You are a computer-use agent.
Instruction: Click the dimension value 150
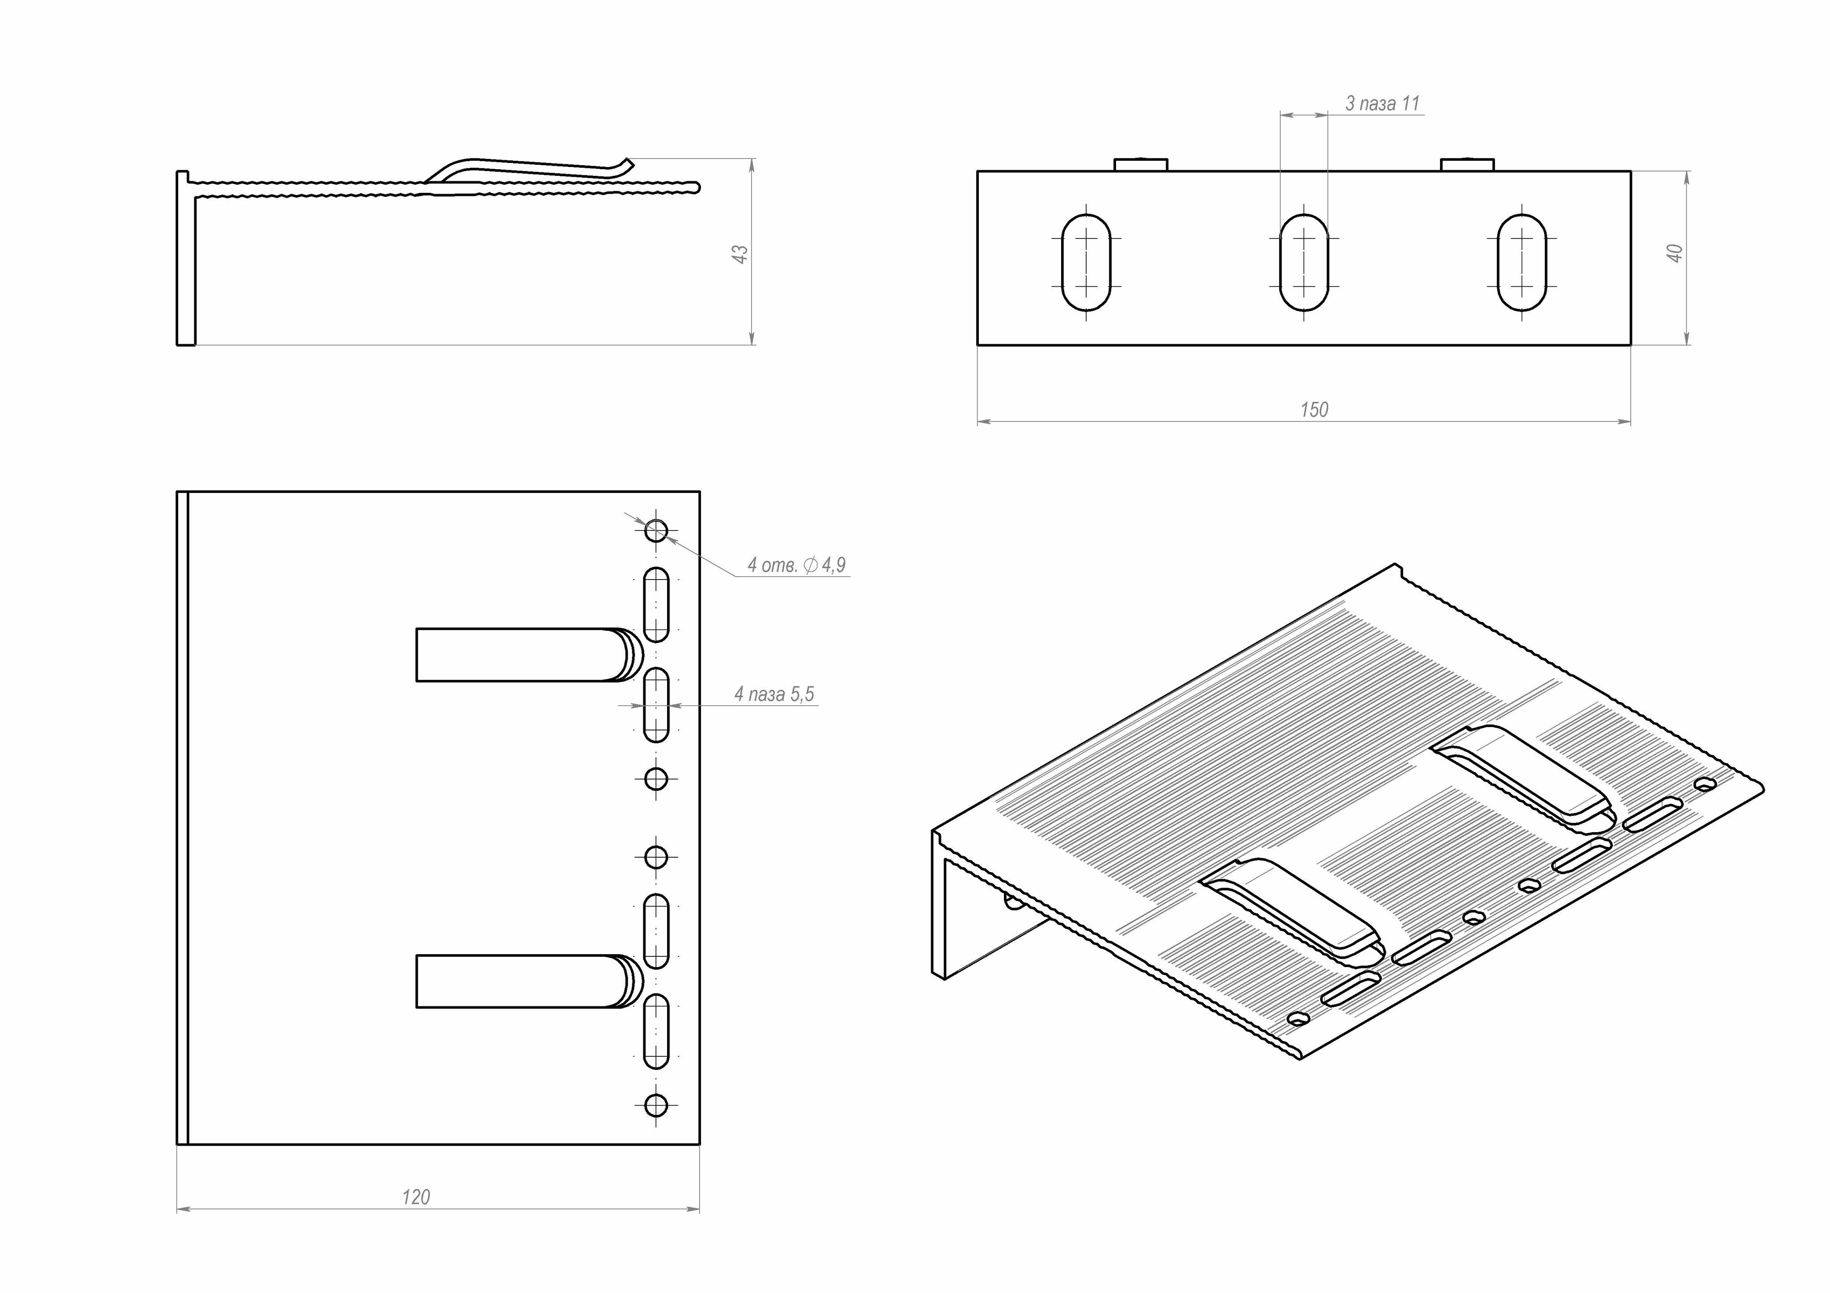[1314, 409]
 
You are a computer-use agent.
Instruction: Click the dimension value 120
[415, 1197]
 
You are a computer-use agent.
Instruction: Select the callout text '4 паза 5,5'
[774, 694]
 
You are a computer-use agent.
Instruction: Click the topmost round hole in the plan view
[656, 530]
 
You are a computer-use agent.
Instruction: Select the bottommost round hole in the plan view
[656, 1105]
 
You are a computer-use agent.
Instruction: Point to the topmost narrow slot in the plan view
[656, 605]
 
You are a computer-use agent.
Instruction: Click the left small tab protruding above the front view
[1141, 165]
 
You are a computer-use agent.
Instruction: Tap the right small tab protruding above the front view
[1467, 165]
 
